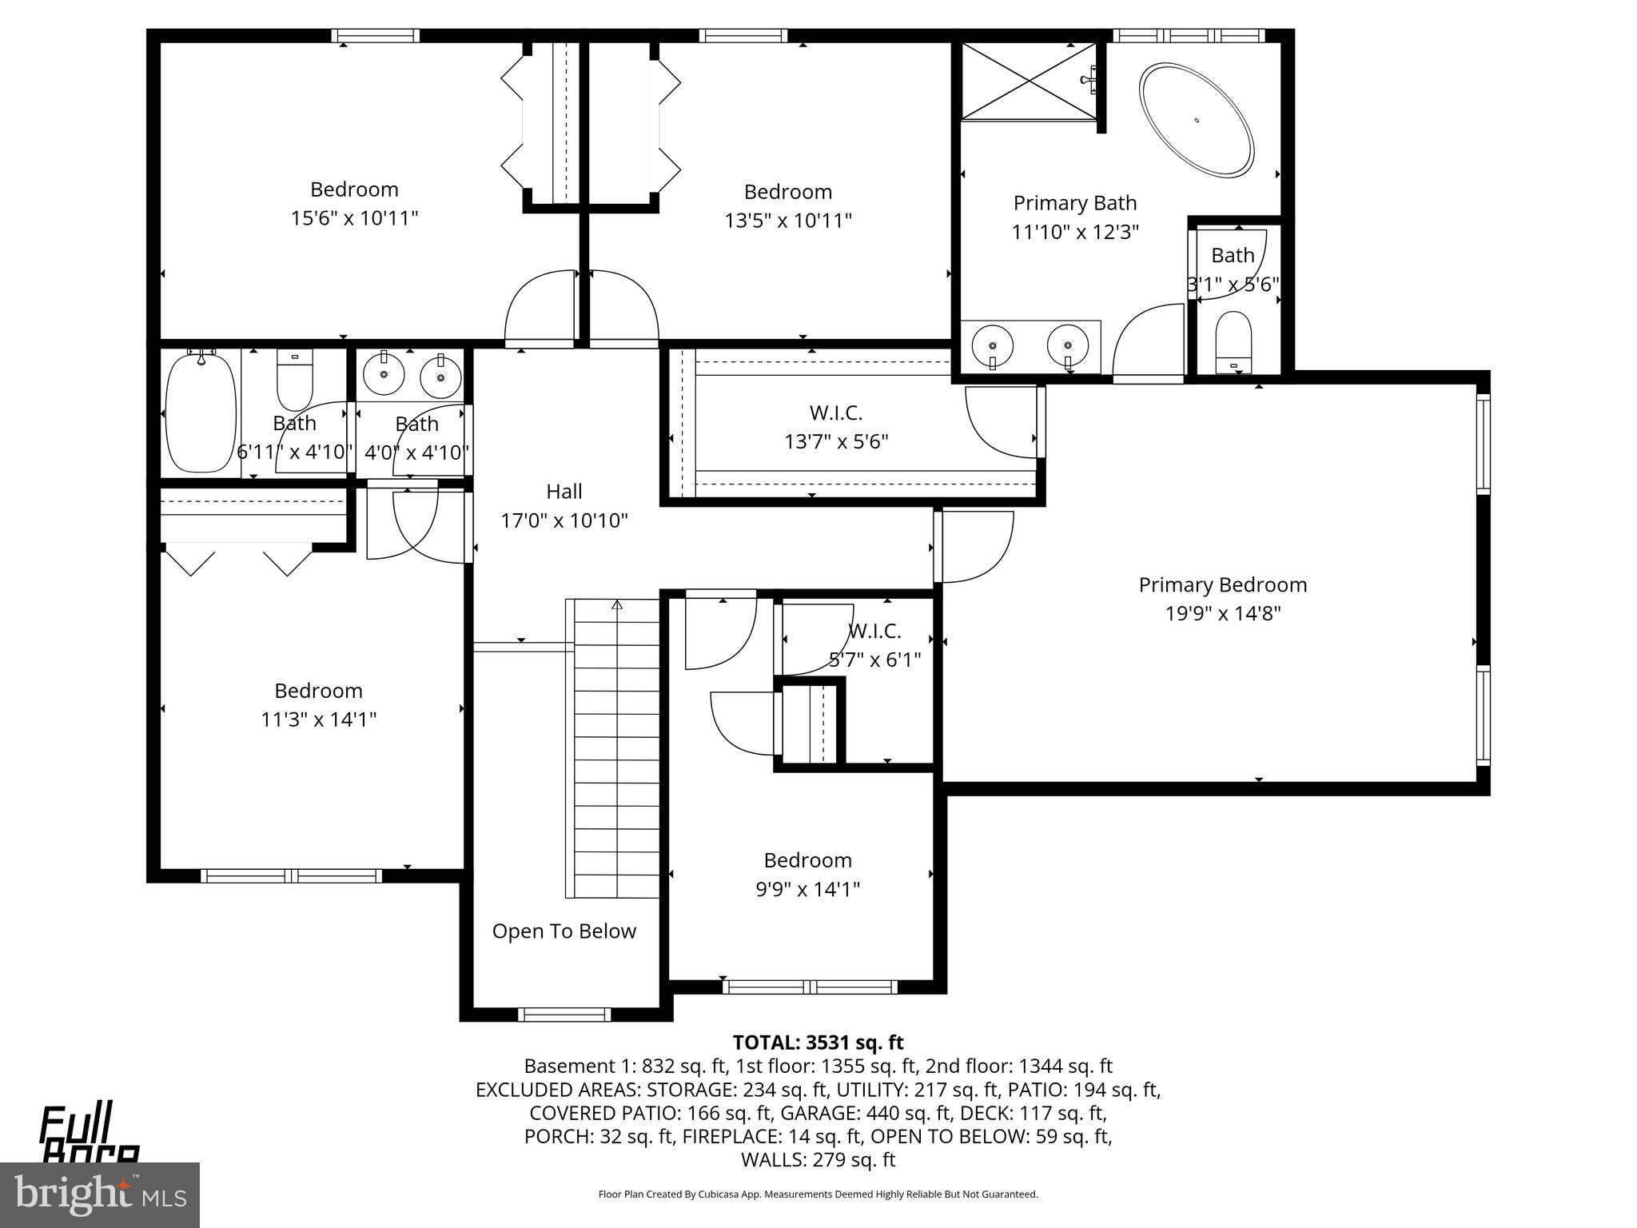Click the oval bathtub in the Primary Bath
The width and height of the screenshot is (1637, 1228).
1197,121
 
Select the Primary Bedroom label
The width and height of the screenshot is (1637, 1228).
1222,584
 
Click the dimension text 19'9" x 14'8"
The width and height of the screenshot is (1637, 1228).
1222,613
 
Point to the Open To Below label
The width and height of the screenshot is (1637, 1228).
564,931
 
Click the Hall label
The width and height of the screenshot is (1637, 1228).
564,491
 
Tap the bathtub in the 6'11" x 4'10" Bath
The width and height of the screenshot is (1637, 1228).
201,413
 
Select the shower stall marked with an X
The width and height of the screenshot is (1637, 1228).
1028,81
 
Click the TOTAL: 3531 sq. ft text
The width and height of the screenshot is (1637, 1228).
818,1043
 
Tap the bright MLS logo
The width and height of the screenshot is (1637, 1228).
100,1194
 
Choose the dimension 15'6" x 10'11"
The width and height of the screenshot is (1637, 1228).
354,217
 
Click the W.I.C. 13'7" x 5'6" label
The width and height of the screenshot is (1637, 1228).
835,413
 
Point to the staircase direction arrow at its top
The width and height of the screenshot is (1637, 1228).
616,605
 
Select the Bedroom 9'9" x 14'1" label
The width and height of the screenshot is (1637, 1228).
807,860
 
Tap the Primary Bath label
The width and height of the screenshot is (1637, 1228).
1074,203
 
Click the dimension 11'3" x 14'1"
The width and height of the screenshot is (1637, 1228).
318,719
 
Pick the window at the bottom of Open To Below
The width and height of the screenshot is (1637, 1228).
564,1015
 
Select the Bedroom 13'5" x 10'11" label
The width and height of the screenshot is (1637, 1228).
787,192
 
